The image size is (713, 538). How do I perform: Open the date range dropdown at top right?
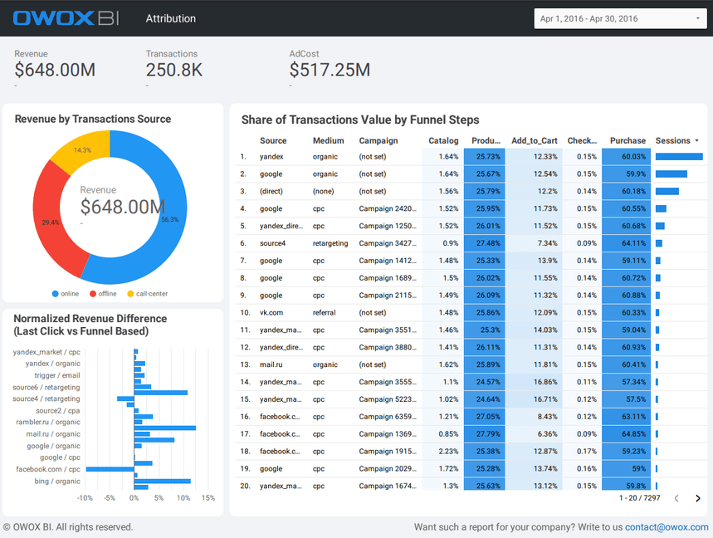point(620,18)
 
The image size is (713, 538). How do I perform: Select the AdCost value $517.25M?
point(330,71)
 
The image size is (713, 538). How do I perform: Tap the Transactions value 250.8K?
point(174,71)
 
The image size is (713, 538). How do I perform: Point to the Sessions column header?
point(672,141)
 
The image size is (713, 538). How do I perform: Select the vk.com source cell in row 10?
point(271,313)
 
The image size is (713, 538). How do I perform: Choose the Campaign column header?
point(378,141)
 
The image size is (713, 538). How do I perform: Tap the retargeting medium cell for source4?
point(330,243)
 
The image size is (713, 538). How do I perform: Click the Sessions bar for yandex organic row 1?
point(679,156)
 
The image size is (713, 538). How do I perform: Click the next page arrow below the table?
point(698,498)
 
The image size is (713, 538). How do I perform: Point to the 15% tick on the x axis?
point(208,498)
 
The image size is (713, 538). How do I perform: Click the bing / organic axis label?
point(57,482)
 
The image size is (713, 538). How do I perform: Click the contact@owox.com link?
point(667,527)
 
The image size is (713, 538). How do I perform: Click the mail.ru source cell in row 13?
point(271,364)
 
